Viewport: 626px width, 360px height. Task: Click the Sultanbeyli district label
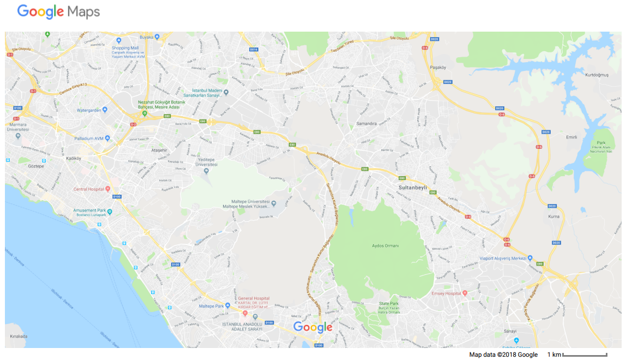click(408, 187)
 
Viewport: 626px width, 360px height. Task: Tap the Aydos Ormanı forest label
click(385, 246)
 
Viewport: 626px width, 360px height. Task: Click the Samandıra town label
click(366, 123)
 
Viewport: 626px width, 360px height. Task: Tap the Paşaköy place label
click(438, 68)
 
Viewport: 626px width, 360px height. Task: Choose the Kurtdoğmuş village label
click(596, 75)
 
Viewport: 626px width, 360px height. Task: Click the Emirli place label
click(571, 137)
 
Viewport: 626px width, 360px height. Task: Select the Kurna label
click(554, 217)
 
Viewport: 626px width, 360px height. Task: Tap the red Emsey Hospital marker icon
click(465, 293)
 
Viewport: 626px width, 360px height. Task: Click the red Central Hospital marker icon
click(108, 189)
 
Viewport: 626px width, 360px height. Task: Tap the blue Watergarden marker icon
click(105, 110)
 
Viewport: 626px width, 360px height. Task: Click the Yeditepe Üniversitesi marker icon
click(206, 171)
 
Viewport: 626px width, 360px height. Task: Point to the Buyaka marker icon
click(157, 37)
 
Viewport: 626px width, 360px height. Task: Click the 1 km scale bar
click(585, 355)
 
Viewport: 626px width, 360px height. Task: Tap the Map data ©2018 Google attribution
click(503, 355)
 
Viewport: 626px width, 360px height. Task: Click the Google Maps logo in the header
click(58, 11)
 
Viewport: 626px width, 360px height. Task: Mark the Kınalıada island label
click(19, 336)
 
